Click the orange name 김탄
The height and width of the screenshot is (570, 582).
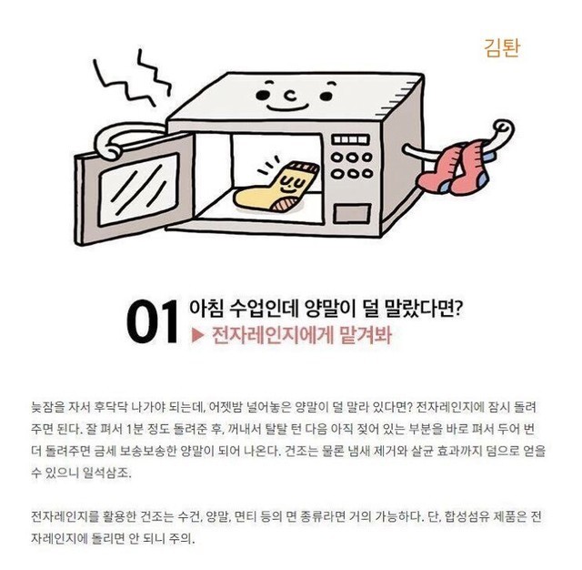tap(502, 48)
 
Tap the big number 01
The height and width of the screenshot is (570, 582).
tap(153, 321)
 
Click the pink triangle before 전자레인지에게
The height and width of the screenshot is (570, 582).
tap(198, 335)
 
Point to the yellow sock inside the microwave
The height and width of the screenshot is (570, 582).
tap(276, 188)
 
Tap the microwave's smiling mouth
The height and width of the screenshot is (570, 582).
tap(287, 108)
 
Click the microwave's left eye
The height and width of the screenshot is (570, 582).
tap(262, 95)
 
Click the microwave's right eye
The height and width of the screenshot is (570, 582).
tap(326, 97)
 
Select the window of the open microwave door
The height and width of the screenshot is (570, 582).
tap(138, 189)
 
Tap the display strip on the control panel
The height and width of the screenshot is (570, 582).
tap(351, 139)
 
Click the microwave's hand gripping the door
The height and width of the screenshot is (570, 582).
tap(109, 150)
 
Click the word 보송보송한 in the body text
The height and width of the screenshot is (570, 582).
tap(147, 451)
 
